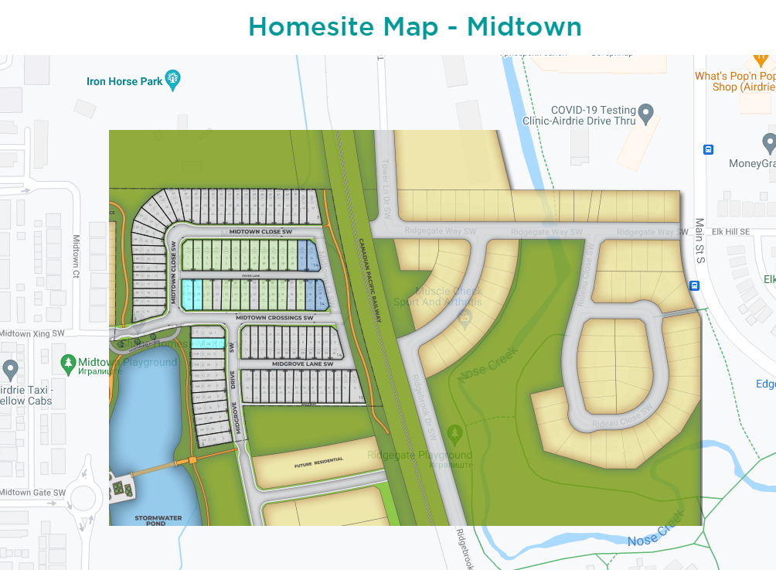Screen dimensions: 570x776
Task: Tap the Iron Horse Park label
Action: click(x=124, y=80)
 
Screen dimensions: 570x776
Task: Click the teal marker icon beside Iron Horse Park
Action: click(x=173, y=80)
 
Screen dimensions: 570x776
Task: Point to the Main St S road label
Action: click(x=700, y=240)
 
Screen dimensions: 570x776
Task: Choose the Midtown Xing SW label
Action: click(x=32, y=333)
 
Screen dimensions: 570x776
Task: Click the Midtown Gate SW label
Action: click(x=32, y=493)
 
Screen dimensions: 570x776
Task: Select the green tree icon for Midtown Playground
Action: click(x=68, y=362)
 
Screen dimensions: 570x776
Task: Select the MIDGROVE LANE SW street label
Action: click(x=302, y=364)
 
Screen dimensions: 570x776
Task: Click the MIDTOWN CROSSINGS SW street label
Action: click(x=274, y=318)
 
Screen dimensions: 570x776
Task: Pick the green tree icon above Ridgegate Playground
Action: click(x=454, y=433)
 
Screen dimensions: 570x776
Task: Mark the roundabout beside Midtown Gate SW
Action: click(x=85, y=496)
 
